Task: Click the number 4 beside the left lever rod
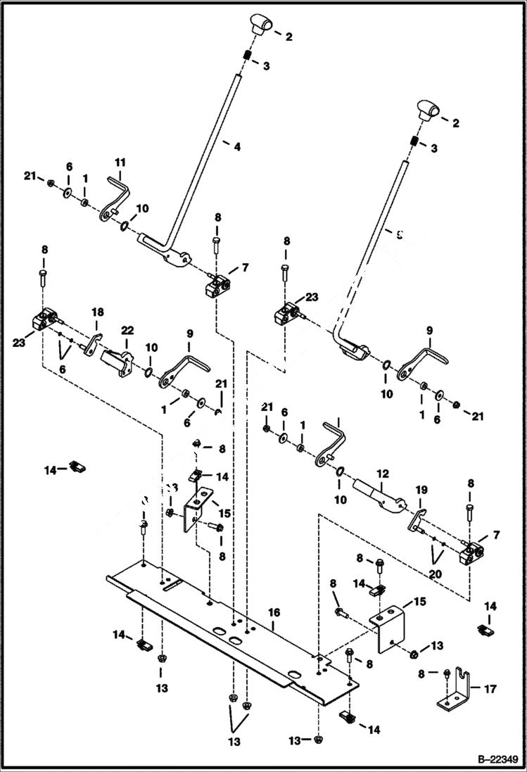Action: [237, 147]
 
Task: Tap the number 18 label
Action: [99, 312]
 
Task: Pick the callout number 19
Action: [421, 489]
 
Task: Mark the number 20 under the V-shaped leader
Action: [436, 574]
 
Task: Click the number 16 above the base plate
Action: [274, 614]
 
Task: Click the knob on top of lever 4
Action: [259, 25]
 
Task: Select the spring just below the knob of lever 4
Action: [247, 56]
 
